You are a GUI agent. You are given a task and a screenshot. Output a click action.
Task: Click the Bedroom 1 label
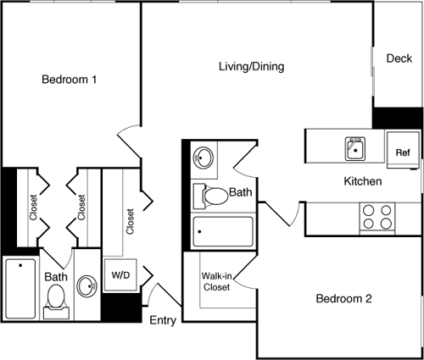tap(69, 80)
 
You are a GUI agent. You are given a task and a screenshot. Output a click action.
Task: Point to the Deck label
tap(399, 58)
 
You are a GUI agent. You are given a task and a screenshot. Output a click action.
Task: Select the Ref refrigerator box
tap(403, 152)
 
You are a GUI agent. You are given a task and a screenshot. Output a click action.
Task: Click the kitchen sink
tap(354, 149)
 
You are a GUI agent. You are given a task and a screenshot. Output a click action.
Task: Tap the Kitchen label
tap(362, 181)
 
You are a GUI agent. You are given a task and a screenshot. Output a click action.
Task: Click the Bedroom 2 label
tap(344, 299)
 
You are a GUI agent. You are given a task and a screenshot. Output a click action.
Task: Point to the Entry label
tap(163, 320)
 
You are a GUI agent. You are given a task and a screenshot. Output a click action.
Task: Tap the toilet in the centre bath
tap(211, 196)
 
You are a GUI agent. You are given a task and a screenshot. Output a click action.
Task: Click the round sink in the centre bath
tap(204, 158)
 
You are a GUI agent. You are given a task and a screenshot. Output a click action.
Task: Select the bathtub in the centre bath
tap(223, 231)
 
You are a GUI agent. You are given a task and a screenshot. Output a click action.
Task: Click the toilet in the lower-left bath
tap(57, 299)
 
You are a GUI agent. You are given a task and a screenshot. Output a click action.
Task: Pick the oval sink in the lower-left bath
tap(86, 285)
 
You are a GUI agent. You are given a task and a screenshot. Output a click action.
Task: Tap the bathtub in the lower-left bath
tap(20, 287)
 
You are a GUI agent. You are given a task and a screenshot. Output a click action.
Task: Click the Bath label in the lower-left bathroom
tap(56, 276)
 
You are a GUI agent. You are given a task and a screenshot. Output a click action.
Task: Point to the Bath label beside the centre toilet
tap(241, 193)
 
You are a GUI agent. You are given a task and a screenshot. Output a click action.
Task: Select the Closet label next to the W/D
tap(130, 222)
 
